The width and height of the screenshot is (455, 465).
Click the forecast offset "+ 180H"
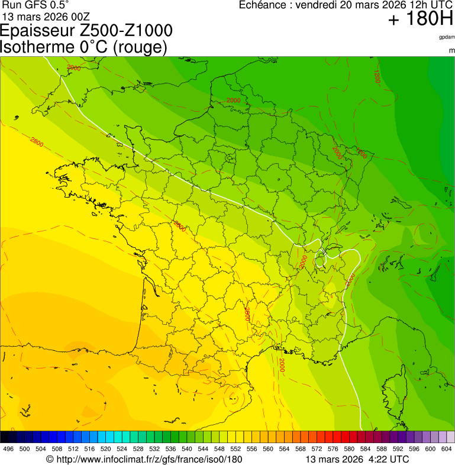[420, 19]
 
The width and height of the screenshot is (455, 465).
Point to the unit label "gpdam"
[447, 37]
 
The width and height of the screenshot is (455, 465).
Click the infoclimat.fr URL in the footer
[149, 459]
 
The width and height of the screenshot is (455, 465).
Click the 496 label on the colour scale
[8, 449]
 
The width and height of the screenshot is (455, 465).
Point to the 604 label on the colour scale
[446, 449]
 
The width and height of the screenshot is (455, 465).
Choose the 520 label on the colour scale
[105, 449]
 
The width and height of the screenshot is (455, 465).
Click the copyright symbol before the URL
[50, 459]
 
